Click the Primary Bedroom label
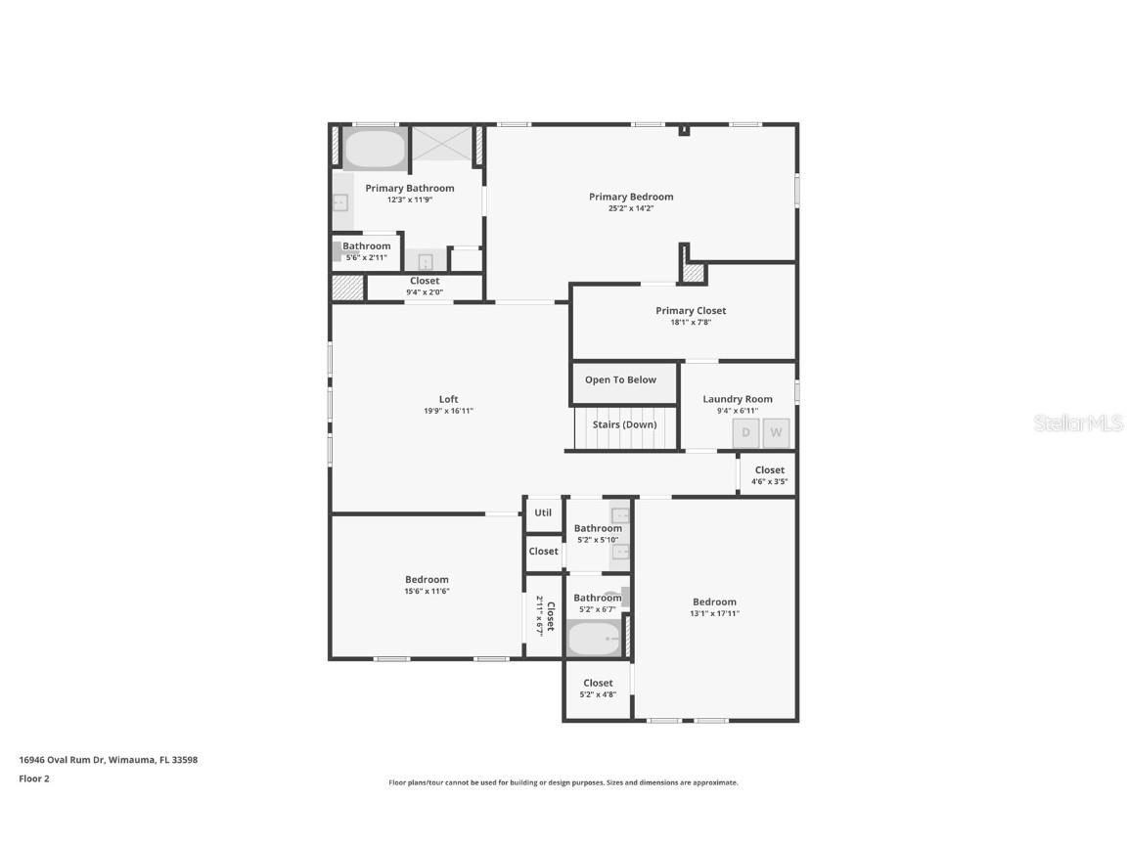pos(631,197)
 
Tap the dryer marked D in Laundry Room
pos(745,432)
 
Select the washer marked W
pos(776,432)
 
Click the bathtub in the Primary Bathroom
pos(375,150)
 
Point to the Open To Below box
pos(620,380)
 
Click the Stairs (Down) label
pos(624,424)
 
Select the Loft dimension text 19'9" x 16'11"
pos(448,411)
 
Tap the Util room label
pos(543,512)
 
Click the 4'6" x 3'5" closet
pos(769,475)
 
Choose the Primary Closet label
pos(691,311)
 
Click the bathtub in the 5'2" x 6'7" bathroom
pos(594,639)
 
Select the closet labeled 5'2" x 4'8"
pos(598,688)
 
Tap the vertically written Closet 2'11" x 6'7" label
pos(545,616)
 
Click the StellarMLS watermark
pos(1079,423)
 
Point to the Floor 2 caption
pos(33,778)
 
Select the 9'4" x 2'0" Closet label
pos(425,286)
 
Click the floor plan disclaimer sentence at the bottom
pos(563,782)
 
